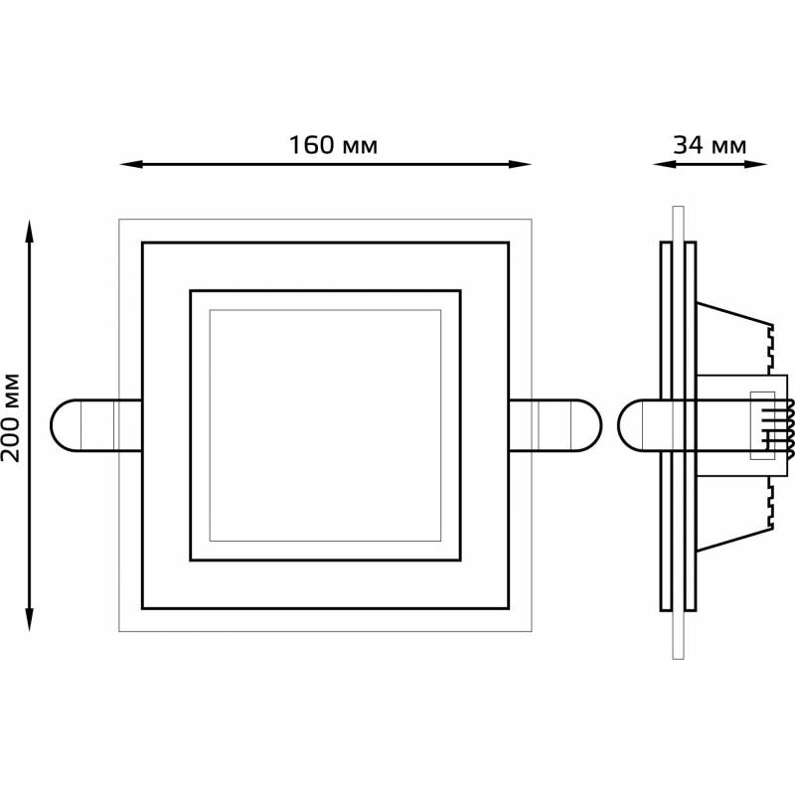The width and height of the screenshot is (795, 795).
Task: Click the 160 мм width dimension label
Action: point(333,145)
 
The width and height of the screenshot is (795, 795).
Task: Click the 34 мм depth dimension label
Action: point(709,145)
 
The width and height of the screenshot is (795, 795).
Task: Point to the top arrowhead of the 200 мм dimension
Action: point(31,228)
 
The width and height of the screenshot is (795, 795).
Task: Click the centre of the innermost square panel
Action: point(325,425)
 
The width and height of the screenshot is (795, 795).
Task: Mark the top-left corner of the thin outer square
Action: point(119,218)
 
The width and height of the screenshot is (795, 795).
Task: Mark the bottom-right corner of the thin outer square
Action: point(532,631)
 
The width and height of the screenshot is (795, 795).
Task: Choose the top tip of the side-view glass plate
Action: point(678,209)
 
